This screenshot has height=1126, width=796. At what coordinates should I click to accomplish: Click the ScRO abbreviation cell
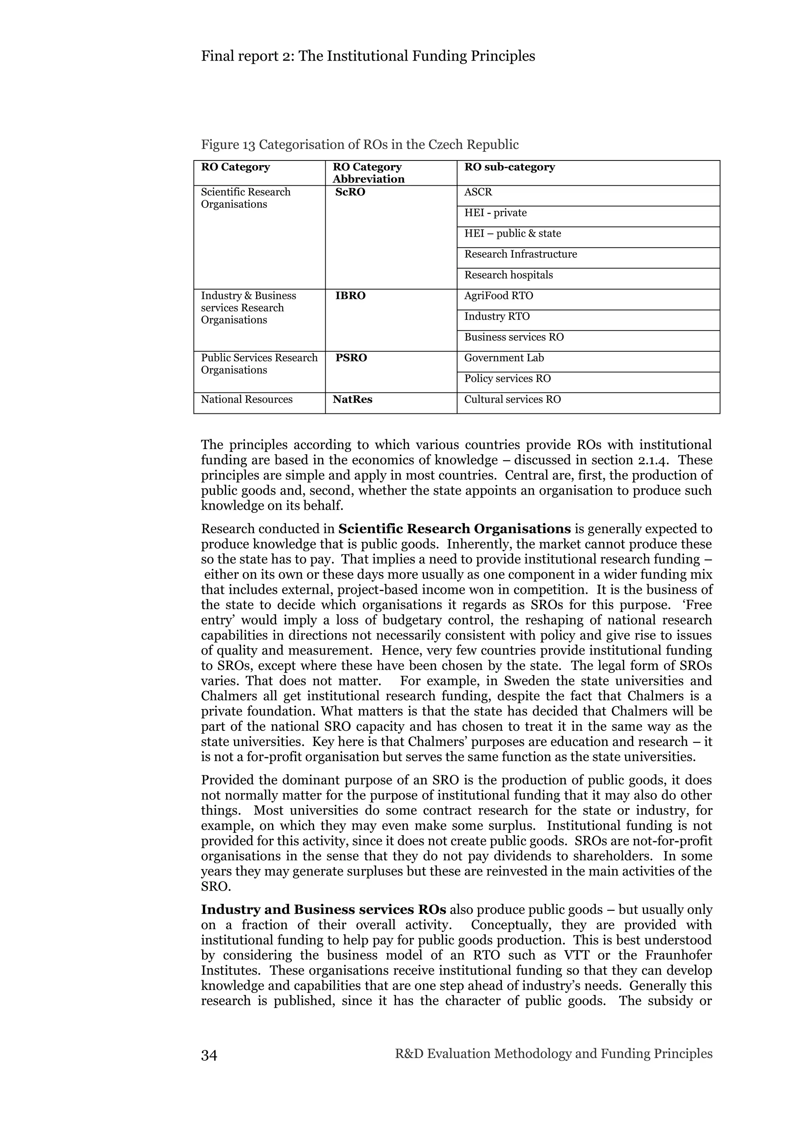pos(350,192)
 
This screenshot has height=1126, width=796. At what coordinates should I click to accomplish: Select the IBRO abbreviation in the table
pos(350,296)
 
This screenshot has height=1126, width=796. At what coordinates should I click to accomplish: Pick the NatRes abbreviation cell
pos(352,400)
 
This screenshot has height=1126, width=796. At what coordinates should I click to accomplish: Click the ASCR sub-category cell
pos(478,192)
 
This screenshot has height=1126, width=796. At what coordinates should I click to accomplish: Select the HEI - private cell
pos(495,213)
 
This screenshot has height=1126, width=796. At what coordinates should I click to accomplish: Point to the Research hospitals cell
pos(508,275)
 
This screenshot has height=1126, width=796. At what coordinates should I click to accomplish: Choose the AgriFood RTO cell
pos(498,296)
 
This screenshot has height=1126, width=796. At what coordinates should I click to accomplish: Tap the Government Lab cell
pos(504,358)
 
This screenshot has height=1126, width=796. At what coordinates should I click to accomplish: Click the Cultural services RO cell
pos(512,400)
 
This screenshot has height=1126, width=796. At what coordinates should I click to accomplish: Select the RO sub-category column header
pos(509,167)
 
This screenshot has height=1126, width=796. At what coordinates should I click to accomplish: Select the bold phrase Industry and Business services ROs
pos(323,910)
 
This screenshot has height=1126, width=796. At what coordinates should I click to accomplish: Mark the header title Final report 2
pos(368,56)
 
